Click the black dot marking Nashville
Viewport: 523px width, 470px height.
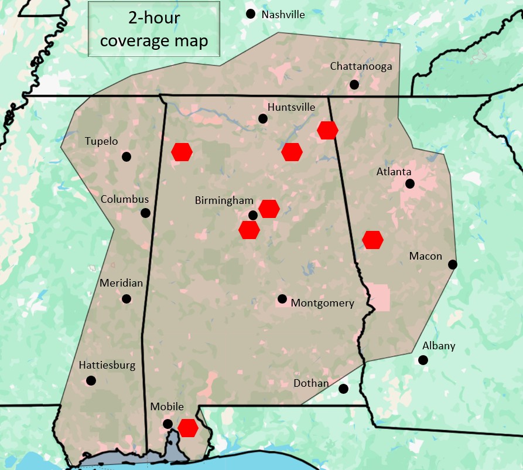pyautogui.click(x=251, y=14)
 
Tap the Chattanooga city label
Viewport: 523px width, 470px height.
pyautogui.click(x=361, y=66)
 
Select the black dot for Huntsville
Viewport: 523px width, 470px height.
pyautogui.click(x=263, y=118)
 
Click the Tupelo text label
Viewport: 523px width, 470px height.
pyautogui.click(x=101, y=141)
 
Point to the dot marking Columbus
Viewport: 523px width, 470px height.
pyautogui.click(x=145, y=213)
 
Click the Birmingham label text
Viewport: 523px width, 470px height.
pyautogui.click(x=224, y=200)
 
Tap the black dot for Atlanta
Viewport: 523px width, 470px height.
pyautogui.click(x=410, y=183)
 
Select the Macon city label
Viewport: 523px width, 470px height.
pyautogui.click(x=426, y=256)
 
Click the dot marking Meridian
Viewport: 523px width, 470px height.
pyautogui.click(x=126, y=299)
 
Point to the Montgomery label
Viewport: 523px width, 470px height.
pyautogui.click(x=322, y=303)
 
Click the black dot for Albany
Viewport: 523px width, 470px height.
pyautogui.click(x=423, y=360)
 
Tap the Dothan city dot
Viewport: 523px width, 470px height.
pyautogui.click(x=344, y=389)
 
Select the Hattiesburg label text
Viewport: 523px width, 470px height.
pyautogui.click(x=107, y=365)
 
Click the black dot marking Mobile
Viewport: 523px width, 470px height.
pyautogui.click(x=168, y=424)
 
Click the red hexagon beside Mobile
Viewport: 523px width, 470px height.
pyautogui.click(x=188, y=428)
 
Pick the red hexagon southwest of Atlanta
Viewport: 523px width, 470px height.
pyautogui.click(x=372, y=240)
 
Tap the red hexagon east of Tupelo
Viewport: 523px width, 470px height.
pyautogui.click(x=182, y=151)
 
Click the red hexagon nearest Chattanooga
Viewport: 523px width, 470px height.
pyautogui.click(x=327, y=130)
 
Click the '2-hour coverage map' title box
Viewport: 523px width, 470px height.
pyautogui.click(x=154, y=29)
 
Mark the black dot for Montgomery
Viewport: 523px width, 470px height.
pyautogui.click(x=282, y=299)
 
